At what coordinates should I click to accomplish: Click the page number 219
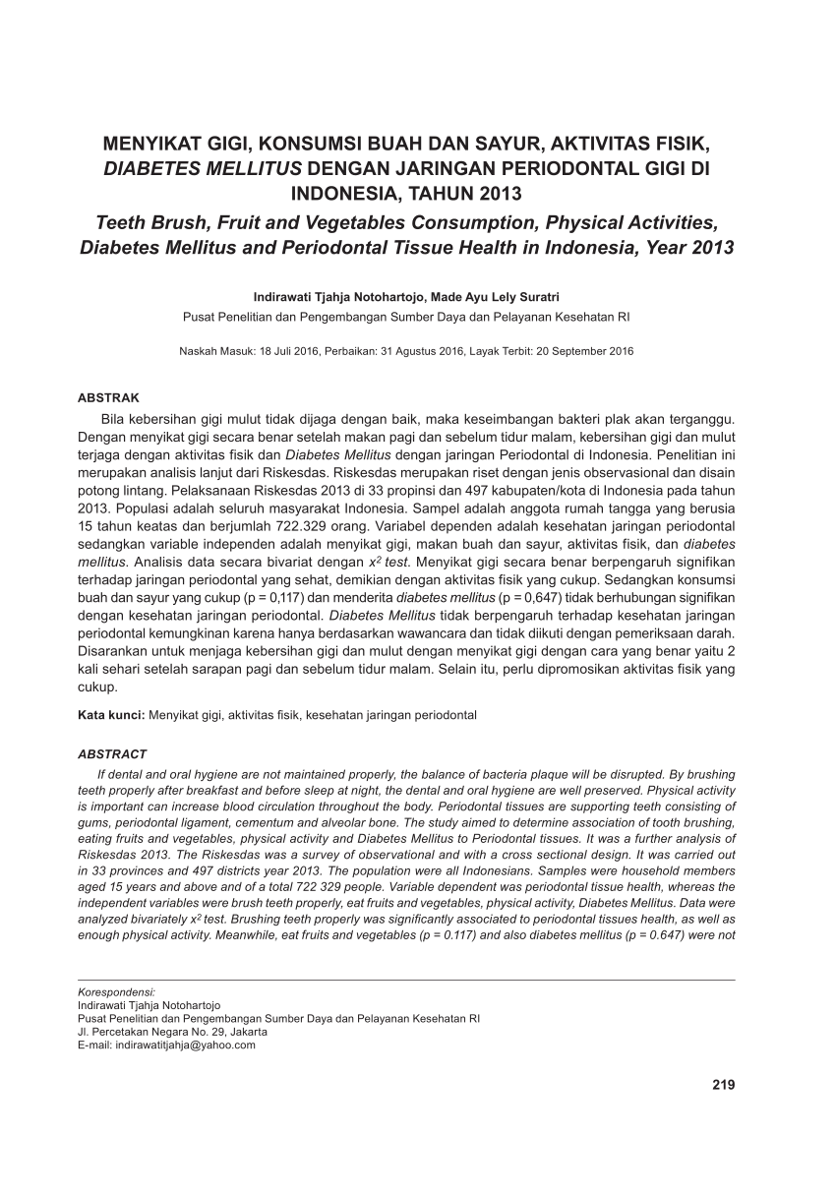(723, 1085)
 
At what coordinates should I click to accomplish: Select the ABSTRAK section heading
(108, 398)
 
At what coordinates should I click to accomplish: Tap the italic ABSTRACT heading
(112, 754)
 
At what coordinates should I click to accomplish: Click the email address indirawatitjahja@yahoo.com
(186, 1046)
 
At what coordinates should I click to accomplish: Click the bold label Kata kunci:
(111, 715)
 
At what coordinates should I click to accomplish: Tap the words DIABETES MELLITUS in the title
(204, 167)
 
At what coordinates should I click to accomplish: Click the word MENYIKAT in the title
(153, 144)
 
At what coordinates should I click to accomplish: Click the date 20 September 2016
(585, 351)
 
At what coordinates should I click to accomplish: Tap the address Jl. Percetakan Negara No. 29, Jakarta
(172, 1032)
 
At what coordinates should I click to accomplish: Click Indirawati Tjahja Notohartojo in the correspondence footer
(149, 1006)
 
